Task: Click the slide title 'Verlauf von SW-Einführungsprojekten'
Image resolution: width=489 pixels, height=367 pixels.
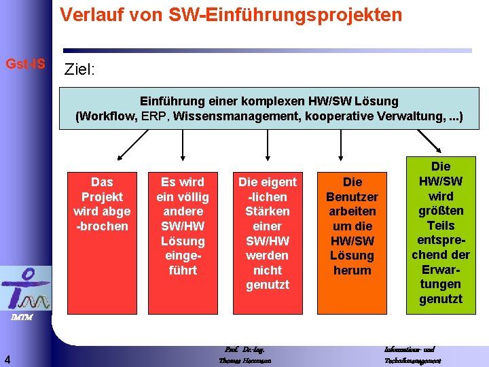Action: (231, 14)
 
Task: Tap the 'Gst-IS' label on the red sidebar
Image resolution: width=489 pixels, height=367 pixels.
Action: (26, 64)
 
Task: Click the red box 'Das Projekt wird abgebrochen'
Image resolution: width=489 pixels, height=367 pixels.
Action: (102, 238)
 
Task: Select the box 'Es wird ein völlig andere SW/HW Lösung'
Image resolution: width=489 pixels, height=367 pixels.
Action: (183, 238)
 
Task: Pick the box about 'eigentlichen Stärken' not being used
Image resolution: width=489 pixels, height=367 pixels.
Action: (267, 238)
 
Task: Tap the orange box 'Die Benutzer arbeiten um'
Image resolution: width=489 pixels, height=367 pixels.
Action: (352, 238)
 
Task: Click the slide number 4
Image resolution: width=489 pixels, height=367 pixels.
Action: (6, 359)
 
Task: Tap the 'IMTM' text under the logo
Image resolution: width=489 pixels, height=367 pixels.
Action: (22, 317)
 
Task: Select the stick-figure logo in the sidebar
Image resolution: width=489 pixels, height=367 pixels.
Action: (25, 289)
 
